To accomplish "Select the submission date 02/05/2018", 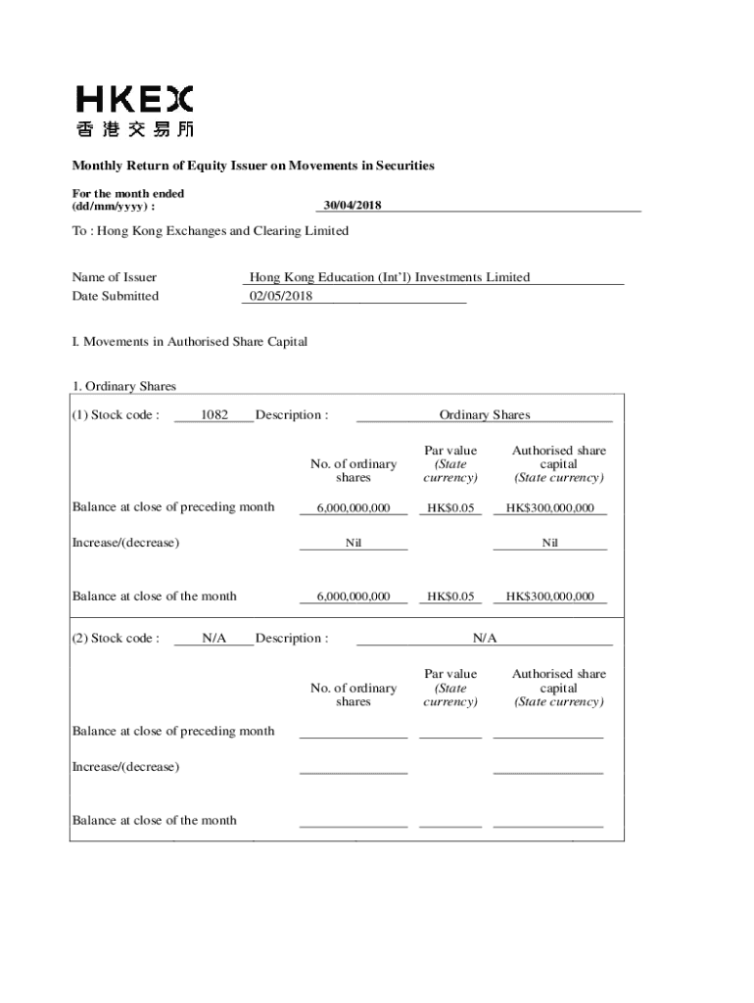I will tap(281, 296).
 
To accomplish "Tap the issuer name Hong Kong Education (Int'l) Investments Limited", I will tap(390, 277).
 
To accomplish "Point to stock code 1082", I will tap(214, 415).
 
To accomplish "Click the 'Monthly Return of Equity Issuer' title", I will tap(253, 166).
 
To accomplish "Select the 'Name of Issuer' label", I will tap(115, 277).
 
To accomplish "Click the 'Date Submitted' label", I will tap(116, 296).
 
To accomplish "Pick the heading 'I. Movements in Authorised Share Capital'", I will tap(190, 342).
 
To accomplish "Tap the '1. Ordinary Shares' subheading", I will tap(123, 386).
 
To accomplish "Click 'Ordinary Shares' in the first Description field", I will tap(485, 415).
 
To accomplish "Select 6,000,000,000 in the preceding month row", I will tap(353, 507).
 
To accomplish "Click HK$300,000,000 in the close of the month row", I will tap(549, 597).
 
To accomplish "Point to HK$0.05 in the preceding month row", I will tap(450, 507).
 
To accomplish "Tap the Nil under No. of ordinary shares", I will tap(353, 543).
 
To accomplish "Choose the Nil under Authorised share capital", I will tap(549, 543).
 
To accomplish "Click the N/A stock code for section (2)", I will tap(214, 639).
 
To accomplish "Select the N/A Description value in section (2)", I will tap(485, 639).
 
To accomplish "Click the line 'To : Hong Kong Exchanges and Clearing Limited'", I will tap(210, 231).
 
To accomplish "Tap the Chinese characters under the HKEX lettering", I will tap(134, 128).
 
